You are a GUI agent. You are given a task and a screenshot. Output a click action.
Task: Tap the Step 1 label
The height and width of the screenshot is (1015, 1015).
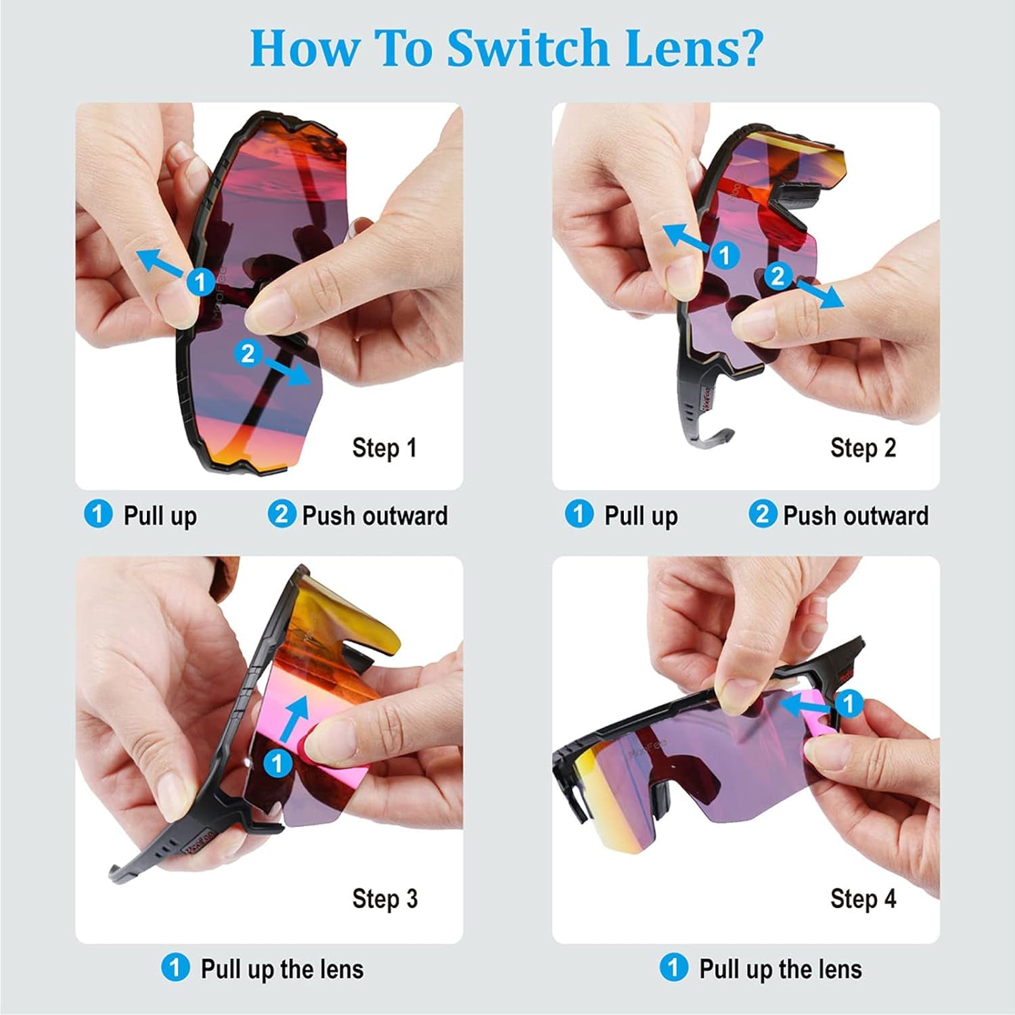pos(384,448)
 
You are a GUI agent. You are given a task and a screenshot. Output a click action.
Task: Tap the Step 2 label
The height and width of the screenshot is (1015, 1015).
pos(863,448)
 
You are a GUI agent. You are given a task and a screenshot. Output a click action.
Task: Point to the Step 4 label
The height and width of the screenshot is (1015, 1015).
pos(863,899)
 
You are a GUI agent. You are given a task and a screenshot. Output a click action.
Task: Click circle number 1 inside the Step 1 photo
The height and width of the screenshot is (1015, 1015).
pos(200,281)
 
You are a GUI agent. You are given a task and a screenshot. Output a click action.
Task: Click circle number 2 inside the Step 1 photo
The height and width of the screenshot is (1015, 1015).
pos(248,353)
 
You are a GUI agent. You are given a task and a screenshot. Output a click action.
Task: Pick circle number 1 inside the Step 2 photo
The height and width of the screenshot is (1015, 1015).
pos(725,255)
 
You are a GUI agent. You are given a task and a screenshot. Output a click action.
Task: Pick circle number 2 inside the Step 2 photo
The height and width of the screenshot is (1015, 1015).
pos(778,276)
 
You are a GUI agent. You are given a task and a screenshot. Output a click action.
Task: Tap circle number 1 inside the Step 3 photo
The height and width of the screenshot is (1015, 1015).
pos(277,764)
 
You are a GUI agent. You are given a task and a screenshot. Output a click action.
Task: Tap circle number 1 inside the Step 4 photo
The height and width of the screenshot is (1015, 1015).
pos(849,704)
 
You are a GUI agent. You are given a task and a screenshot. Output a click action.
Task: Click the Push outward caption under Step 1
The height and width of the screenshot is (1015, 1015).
pos(375,516)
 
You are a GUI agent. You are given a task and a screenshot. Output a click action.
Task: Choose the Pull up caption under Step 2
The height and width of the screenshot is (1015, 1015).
pos(641,516)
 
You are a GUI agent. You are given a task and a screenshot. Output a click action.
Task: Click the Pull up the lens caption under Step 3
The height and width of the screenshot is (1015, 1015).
pos(282,969)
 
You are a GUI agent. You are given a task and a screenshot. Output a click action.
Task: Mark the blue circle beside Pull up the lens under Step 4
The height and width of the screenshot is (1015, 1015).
pos(673,967)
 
